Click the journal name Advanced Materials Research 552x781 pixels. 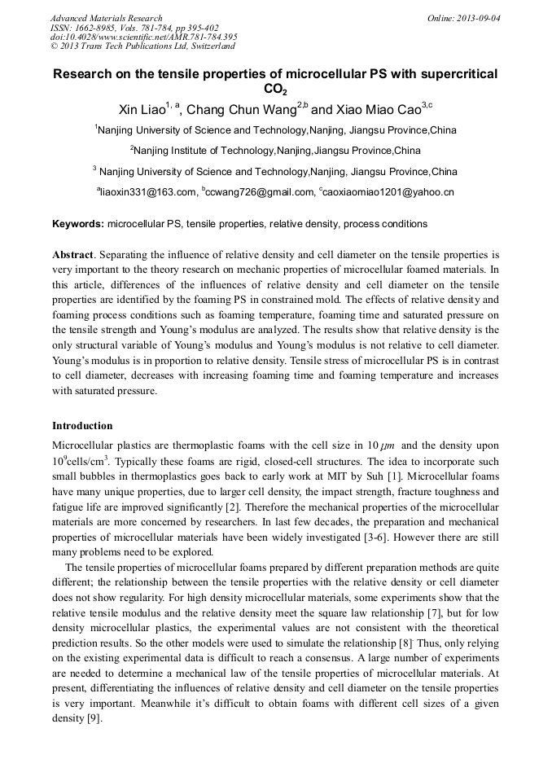click(106, 18)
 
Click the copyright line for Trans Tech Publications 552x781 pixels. click(142, 46)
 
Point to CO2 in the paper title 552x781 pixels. click(275, 90)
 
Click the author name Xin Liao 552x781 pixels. click(139, 110)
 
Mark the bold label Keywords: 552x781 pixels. click(78, 224)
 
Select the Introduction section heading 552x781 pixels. click(82, 426)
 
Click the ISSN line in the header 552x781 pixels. click(134, 28)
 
